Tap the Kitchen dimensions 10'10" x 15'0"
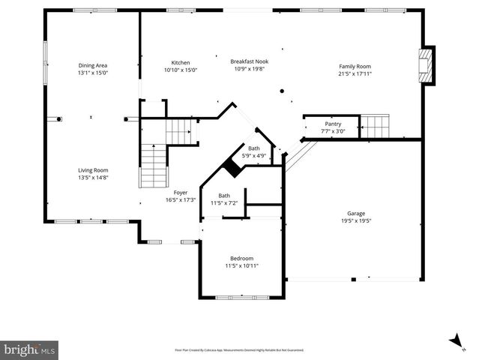pyautogui.click(x=181, y=70)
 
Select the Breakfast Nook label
pyautogui.click(x=250, y=61)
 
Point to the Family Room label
pyautogui.click(x=355, y=66)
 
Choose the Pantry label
pyautogui.click(x=333, y=124)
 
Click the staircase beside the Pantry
pyautogui.click(x=375, y=126)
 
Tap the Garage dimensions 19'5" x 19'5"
pyautogui.click(x=355, y=220)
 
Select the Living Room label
pyautogui.click(x=93, y=170)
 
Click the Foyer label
pyautogui.click(x=180, y=193)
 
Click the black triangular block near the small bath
pyautogui.click(x=233, y=169)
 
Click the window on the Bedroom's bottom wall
pyautogui.click(x=241, y=298)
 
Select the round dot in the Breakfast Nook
pyautogui.click(x=283, y=91)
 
